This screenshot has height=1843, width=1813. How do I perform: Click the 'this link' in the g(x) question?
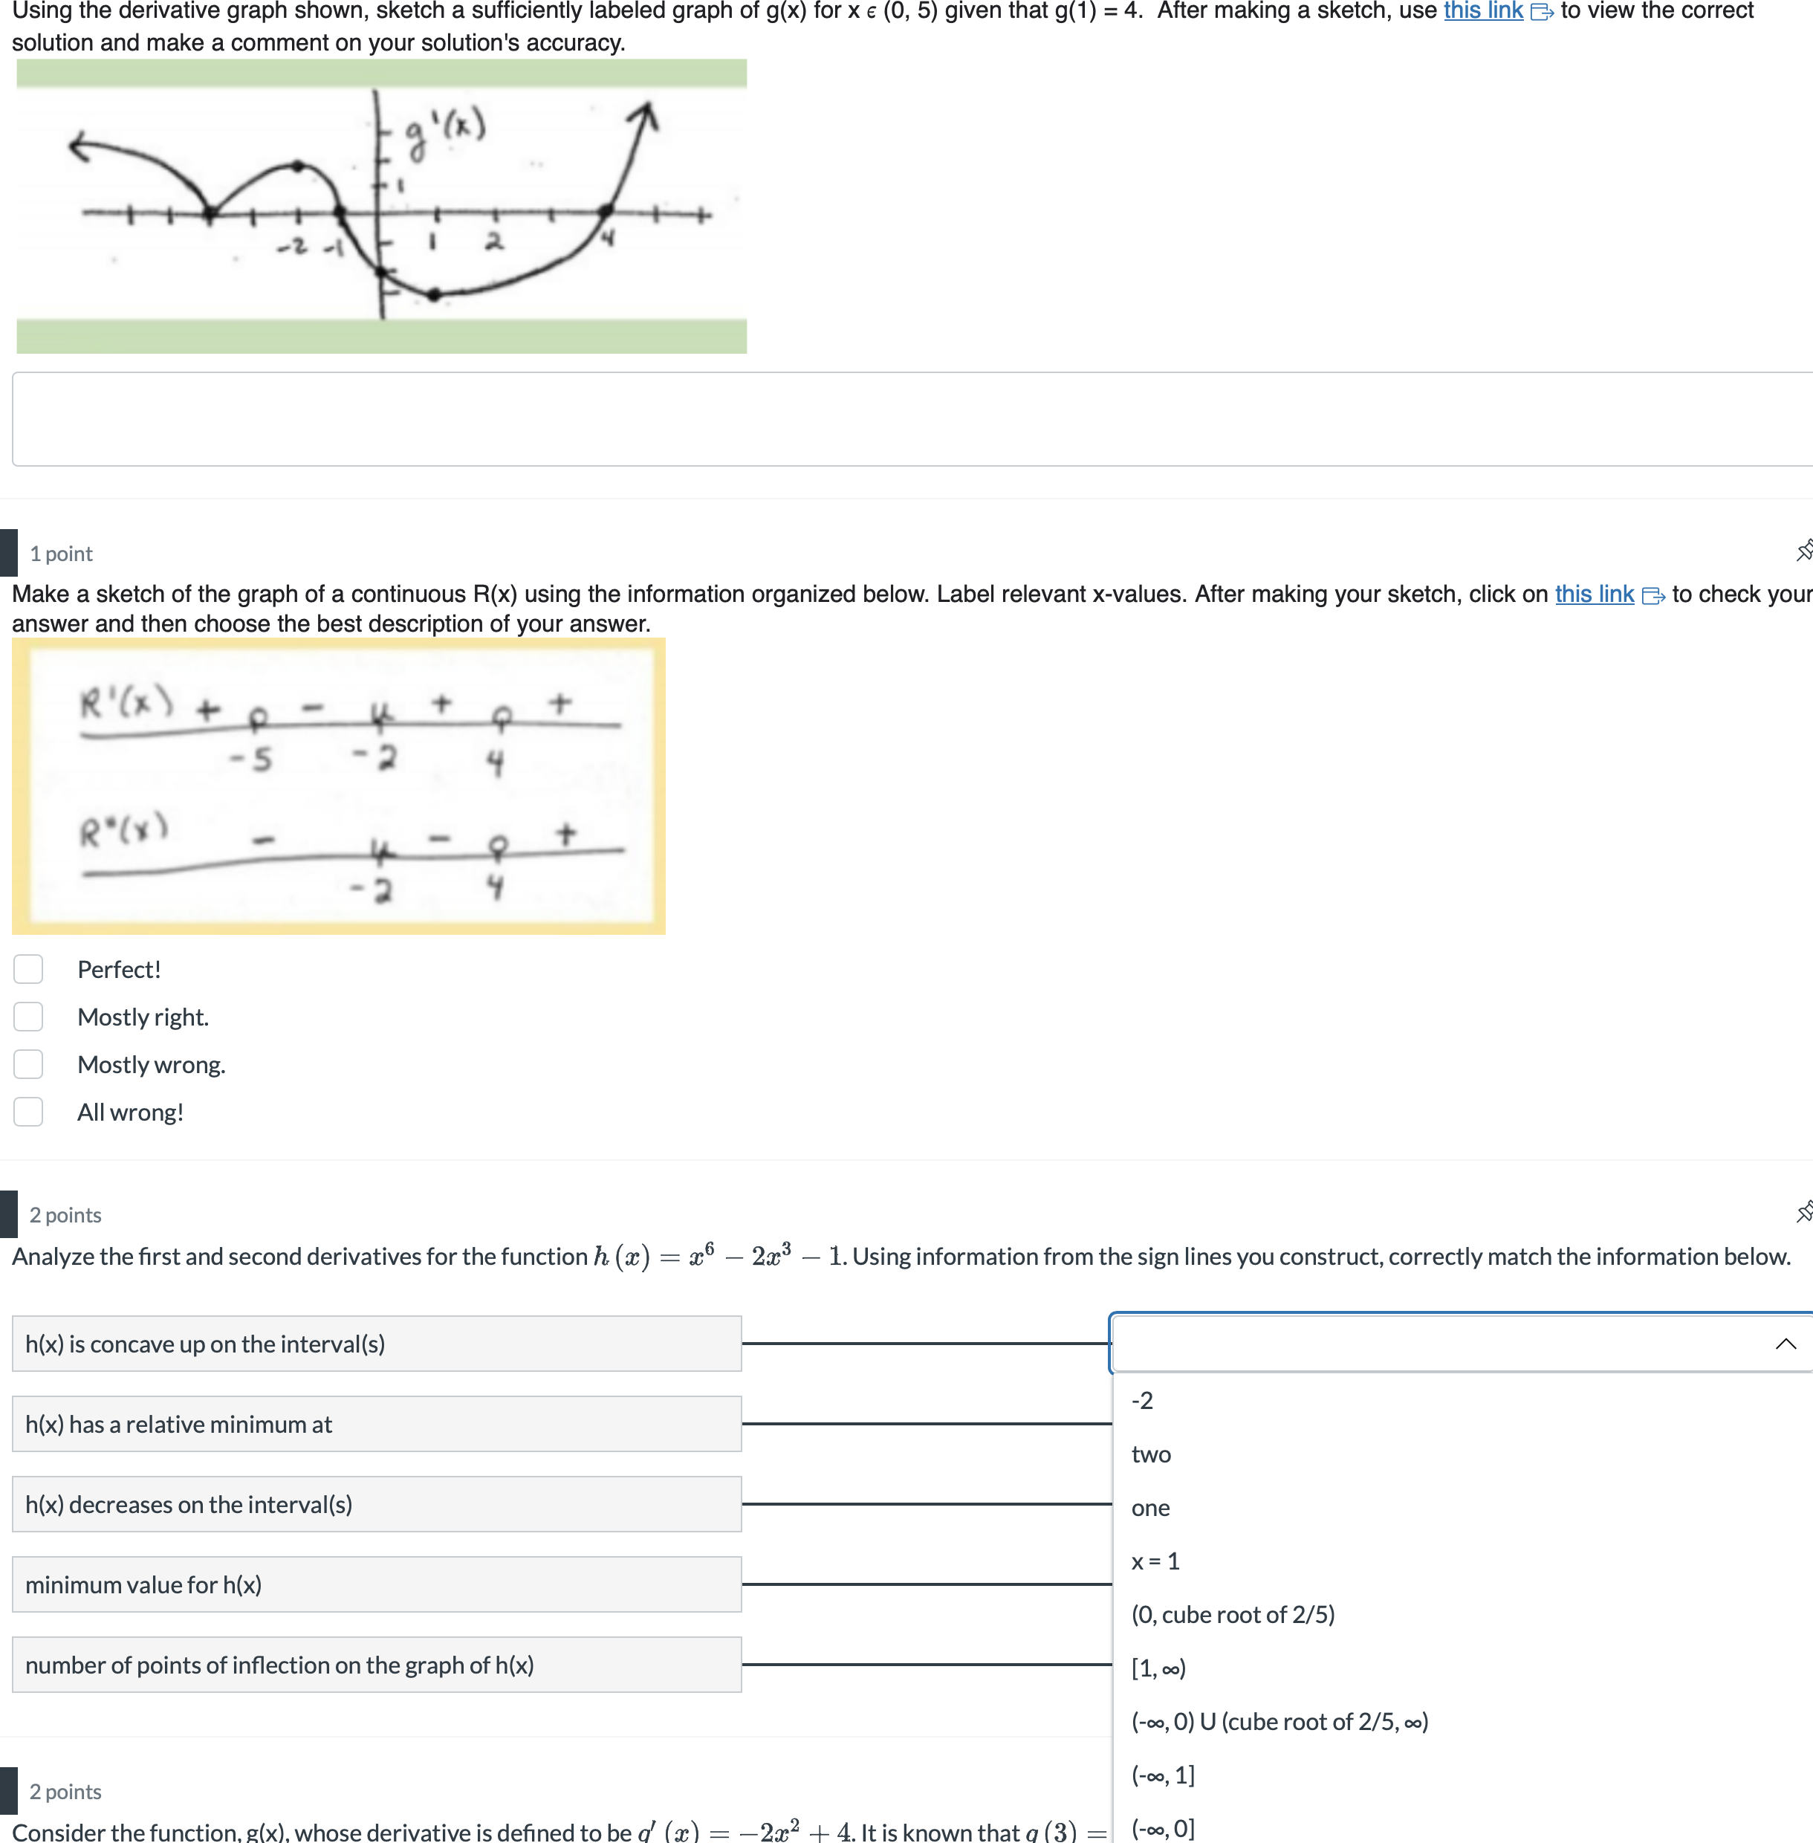click(x=1482, y=11)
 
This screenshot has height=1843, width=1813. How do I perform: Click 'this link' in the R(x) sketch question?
click(x=1594, y=595)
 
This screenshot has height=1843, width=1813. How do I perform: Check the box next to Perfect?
click(x=28, y=970)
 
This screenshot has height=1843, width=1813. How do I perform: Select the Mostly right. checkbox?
click(x=28, y=1017)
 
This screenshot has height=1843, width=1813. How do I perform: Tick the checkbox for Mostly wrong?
click(x=28, y=1065)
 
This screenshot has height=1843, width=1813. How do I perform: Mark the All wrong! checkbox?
click(x=28, y=1112)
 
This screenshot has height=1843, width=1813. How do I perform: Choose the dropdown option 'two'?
click(x=1151, y=1454)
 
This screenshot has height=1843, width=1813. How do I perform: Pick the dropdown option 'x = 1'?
click(x=1155, y=1561)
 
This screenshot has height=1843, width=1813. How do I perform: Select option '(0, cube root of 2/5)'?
click(x=1232, y=1614)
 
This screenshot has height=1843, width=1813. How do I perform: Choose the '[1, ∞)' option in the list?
click(x=1158, y=1668)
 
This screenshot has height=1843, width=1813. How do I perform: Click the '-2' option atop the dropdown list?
click(x=1142, y=1401)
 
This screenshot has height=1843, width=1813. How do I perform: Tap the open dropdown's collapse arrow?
click(x=1786, y=1344)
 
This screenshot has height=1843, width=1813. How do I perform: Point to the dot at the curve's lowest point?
click(x=434, y=295)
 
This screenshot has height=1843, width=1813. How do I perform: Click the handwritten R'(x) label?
click(x=126, y=705)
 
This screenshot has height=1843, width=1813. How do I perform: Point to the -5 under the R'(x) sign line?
click(x=251, y=759)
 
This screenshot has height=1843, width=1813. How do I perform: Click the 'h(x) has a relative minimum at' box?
click(x=376, y=1424)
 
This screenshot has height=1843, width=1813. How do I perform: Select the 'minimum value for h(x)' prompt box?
click(x=376, y=1585)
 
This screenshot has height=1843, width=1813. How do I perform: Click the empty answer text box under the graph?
click(x=904, y=419)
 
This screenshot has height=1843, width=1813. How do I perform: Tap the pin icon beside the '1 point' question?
click(x=1803, y=551)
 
